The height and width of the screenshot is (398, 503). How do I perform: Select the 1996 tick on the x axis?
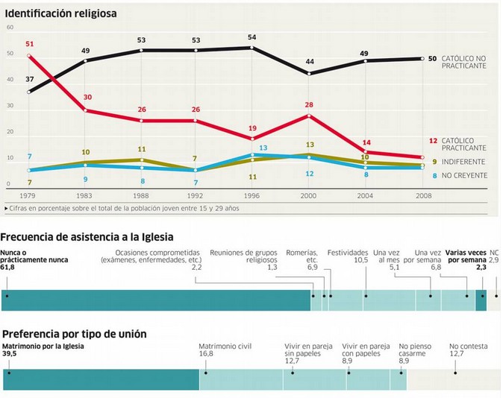click(x=251, y=195)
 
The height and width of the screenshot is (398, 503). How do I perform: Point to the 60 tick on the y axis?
click(x=10, y=28)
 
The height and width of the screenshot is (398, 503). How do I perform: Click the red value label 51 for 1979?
click(x=30, y=44)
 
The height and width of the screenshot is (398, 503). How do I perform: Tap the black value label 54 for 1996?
click(x=251, y=37)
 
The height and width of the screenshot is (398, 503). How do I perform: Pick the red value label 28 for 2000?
click(x=308, y=105)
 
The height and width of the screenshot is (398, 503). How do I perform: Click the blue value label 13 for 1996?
click(x=263, y=148)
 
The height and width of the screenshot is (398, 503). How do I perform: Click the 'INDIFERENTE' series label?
click(x=465, y=162)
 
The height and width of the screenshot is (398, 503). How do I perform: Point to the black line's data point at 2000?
click(x=308, y=74)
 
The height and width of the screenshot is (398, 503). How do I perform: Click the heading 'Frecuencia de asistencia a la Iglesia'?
click(x=87, y=237)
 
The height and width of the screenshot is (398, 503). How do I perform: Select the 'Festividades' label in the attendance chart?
click(x=347, y=253)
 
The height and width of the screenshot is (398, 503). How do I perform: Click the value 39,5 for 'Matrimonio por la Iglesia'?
click(x=10, y=354)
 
